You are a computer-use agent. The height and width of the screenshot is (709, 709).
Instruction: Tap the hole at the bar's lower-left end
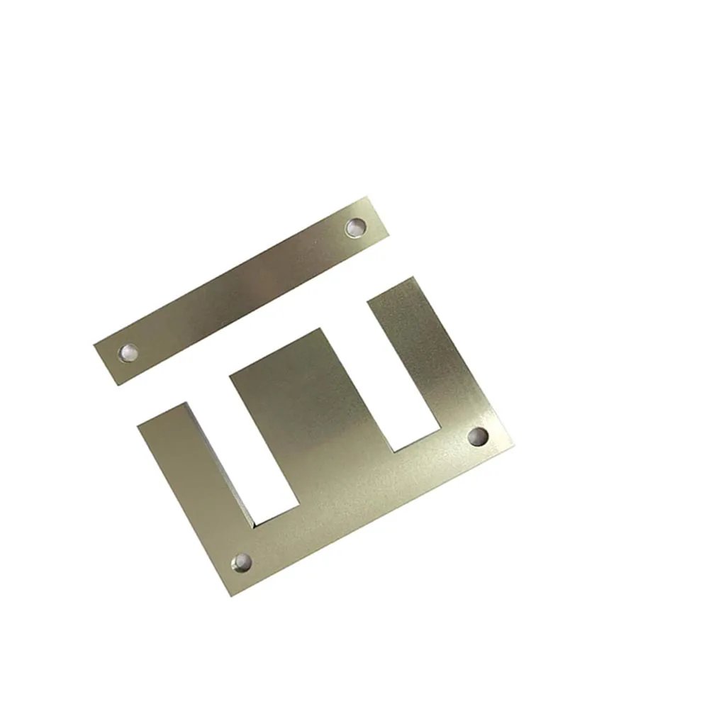[129, 351]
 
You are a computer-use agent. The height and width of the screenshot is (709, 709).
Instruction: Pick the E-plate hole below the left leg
[242, 563]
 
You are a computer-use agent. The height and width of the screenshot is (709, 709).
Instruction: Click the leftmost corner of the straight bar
[94, 345]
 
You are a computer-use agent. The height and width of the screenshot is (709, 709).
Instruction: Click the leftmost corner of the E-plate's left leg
[137, 426]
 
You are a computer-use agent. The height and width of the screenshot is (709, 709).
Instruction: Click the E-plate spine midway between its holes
[360, 499]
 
